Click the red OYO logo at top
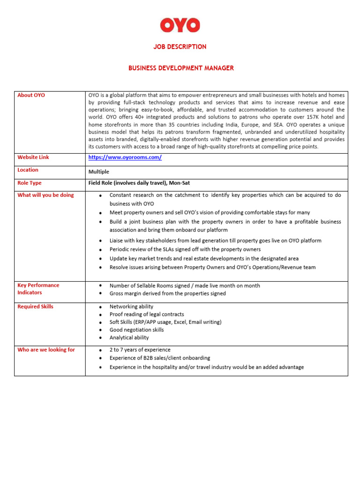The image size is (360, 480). click(x=180, y=25)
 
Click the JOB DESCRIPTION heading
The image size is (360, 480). click(x=180, y=47)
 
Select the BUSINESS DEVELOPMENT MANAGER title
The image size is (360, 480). click(x=181, y=68)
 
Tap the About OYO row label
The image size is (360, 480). click(x=31, y=95)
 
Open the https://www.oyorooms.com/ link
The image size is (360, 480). click(x=125, y=157)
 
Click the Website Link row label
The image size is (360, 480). click(x=33, y=157)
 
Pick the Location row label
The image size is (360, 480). click(x=28, y=170)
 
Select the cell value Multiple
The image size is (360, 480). click(x=98, y=172)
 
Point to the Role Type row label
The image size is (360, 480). click(x=29, y=183)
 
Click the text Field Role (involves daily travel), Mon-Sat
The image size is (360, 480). click(x=139, y=183)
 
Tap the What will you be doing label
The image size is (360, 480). click(x=45, y=195)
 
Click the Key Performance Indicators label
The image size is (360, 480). click(x=38, y=289)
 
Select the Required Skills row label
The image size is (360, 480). click(x=35, y=307)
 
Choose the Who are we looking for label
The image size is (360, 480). click(x=46, y=350)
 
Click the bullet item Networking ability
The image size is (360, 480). click(x=131, y=307)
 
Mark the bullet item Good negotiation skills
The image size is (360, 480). click(x=136, y=330)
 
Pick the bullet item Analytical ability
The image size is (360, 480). click(x=129, y=337)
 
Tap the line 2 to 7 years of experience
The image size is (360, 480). click(x=140, y=350)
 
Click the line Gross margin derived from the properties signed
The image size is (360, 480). click(x=167, y=293)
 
